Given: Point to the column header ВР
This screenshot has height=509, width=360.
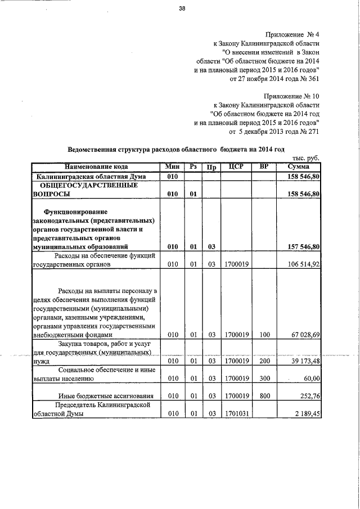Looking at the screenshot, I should point(264,167).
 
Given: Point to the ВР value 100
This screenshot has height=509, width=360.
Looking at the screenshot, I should point(264,335).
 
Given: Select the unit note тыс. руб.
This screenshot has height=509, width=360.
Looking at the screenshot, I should point(306,159).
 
